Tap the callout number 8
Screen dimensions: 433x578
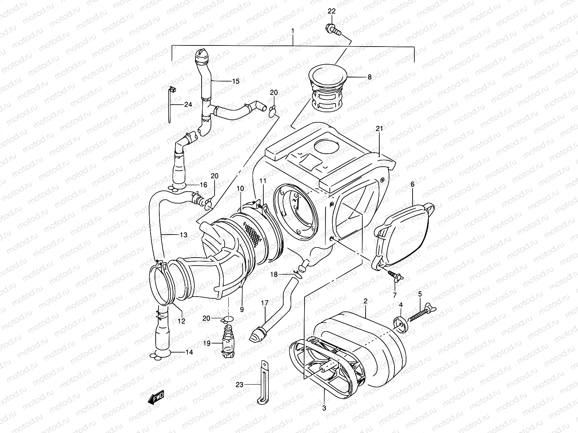(369, 77)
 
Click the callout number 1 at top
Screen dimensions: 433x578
(293, 31)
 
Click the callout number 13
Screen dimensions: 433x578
(183, 235)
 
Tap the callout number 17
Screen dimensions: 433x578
(264, 303)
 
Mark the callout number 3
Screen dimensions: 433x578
(324, 408)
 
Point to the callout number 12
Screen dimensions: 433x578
(181, 321)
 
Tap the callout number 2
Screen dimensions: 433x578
(366, 300)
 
